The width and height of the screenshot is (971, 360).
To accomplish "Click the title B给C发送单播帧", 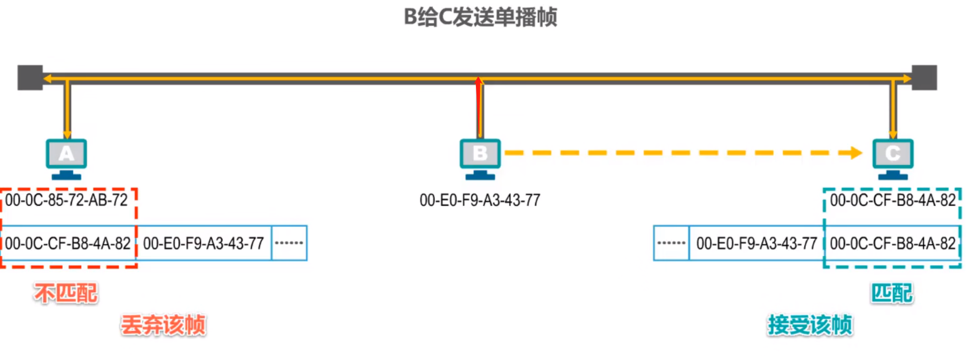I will point(480,17).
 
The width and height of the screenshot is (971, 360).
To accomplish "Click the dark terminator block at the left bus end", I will point(30,78).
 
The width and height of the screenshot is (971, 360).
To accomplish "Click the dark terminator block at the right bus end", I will point(924,78).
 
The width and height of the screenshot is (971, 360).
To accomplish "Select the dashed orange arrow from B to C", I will point(683,153).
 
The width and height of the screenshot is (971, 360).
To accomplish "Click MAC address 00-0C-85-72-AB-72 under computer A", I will point(66,200).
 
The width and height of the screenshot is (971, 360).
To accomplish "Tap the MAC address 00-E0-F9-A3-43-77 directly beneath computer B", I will point(480,200).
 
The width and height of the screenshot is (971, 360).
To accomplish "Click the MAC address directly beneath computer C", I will point(893,200).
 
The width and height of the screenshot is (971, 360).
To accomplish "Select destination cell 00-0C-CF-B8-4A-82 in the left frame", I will point(68,244).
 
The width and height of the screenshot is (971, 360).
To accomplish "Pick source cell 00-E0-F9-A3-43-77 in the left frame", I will point(203,244).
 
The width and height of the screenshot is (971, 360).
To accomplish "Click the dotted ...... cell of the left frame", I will point(289,243).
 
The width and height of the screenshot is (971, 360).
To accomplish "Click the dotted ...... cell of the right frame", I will point(671,243).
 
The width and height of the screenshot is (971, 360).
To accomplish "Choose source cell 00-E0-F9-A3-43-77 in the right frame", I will point(757,244).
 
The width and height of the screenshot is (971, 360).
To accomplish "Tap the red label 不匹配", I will point(66,293).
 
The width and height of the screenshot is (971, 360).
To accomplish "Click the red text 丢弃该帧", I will point(163,325).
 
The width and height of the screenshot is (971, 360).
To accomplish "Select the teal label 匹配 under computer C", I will point(892,293).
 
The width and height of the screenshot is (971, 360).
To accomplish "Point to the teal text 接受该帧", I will point(810,325).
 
